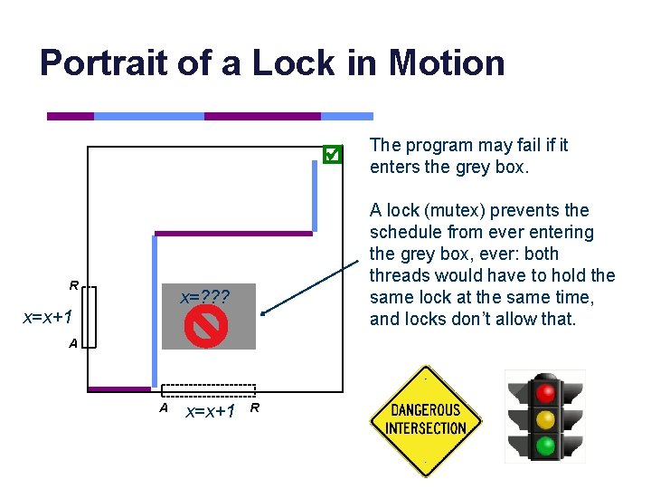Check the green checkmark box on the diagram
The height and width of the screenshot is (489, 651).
pos(332,155)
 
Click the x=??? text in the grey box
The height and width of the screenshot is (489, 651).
pos(205,297)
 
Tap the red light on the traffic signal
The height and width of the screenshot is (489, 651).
pos(544,392)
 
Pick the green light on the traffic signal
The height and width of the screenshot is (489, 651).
pos(544,446)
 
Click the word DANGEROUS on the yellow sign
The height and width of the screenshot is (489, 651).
pos(426,410)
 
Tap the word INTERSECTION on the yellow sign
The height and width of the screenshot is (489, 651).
pos(426,428)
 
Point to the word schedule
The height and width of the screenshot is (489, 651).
pos(405,232)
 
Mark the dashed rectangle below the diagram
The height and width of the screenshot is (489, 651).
pos(209,390)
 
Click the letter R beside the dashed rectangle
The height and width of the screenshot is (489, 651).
pos(255,408)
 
